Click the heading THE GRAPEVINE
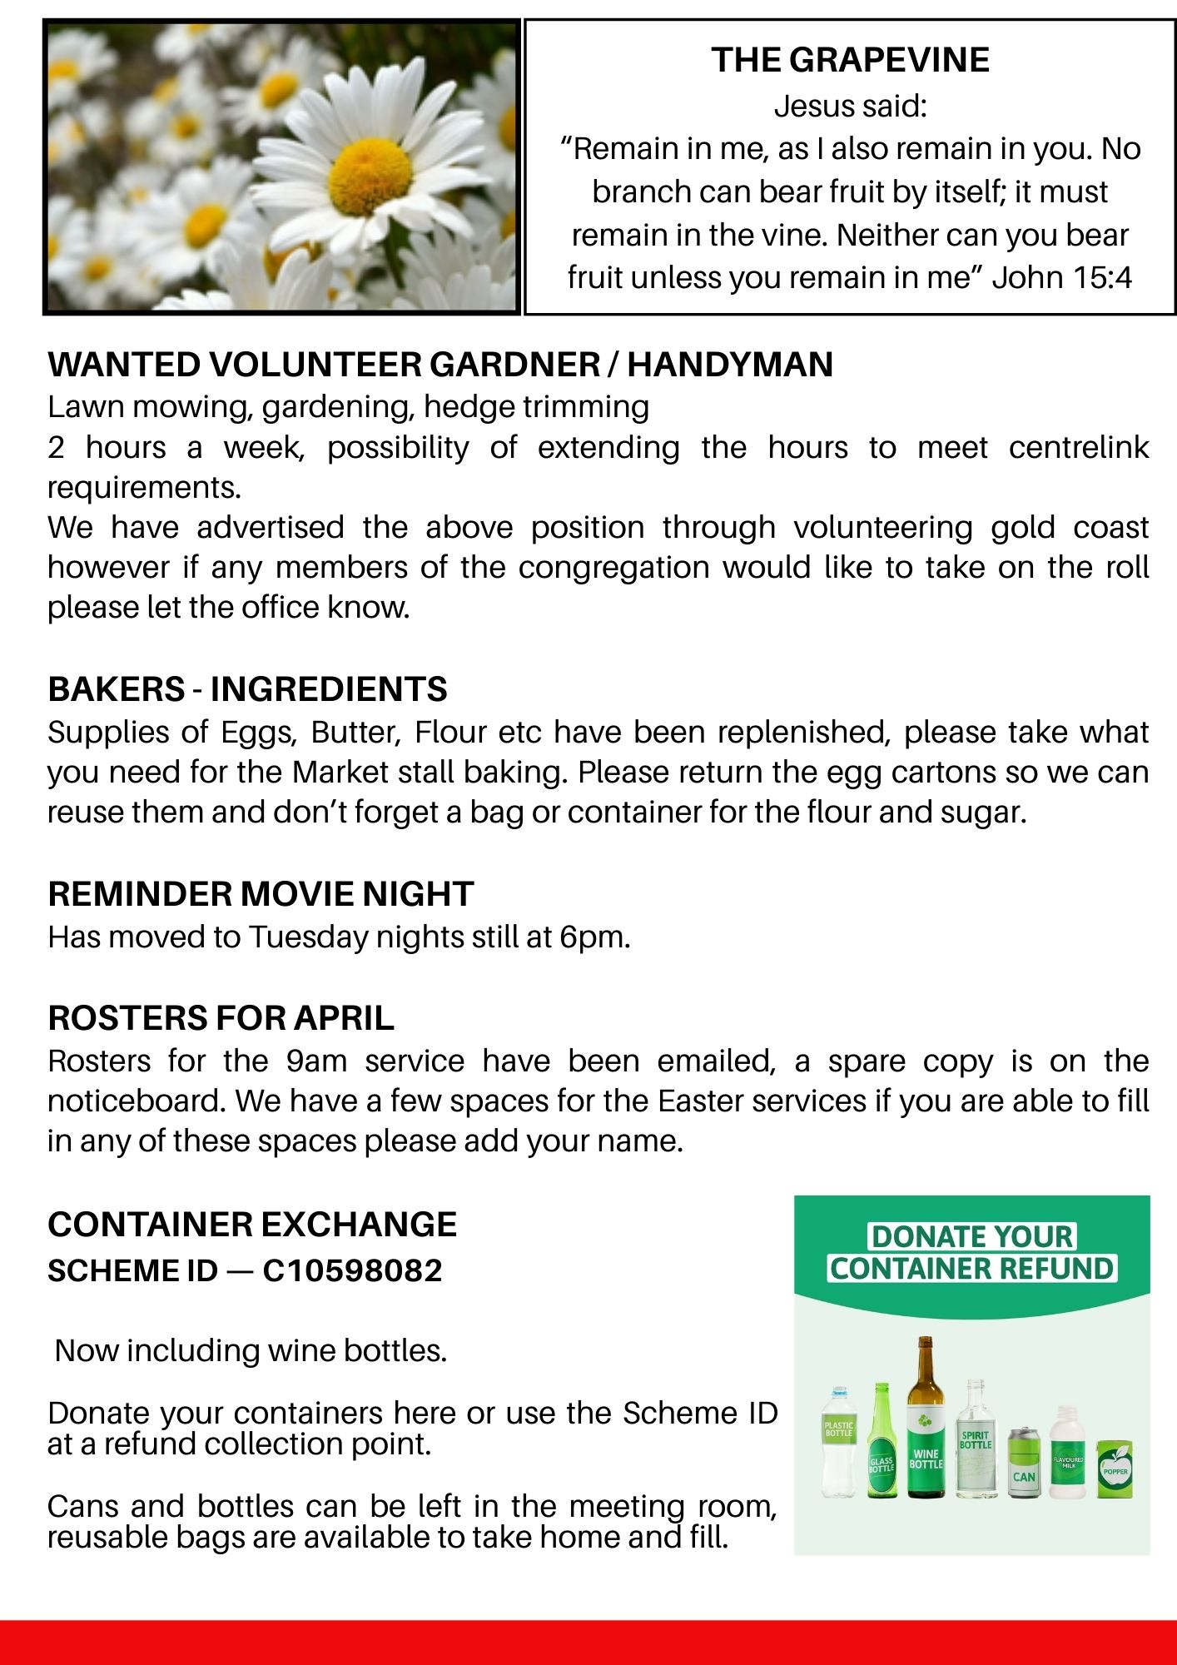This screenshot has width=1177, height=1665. [850, 60]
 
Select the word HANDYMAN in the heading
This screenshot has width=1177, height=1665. [730, 365]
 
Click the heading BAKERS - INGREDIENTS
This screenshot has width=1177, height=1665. [247, 689]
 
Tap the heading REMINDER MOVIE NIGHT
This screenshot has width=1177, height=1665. [261, 894]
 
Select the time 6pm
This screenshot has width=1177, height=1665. [593, 937]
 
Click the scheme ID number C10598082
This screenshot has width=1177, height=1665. [352, 1271]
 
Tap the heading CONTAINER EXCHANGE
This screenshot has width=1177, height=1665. [252, 1225]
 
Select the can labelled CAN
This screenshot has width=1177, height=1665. [1023, 1463]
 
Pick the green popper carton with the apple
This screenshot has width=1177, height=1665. [1115, 1469]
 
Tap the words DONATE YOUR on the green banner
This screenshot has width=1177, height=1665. [971, 1236]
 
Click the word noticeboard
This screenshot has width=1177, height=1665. [137, 1101]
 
